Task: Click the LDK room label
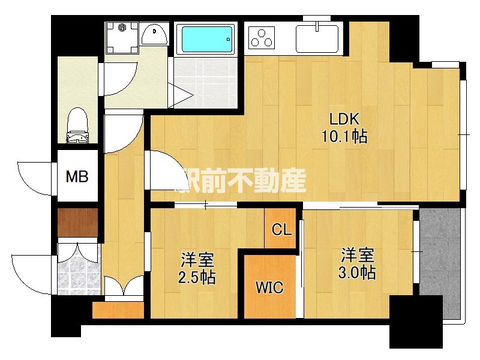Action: pyautogui.click(x=344, y=119)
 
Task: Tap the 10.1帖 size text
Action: pyautogui.click(x=344, y=136)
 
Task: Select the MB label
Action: pyautogui.click(x=77, y=176)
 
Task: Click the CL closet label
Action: pyautogui.click(x=281, y=229)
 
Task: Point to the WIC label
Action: pyautogui.click(x=269, y=287)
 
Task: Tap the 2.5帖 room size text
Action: pyautogui.click(x=197, y=277)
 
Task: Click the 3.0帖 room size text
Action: pyautogui.click(x=357, y=272)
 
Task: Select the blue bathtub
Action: pyautogui.click(x=207, y=39)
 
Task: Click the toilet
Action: pyautogui.click(x=77, y=125)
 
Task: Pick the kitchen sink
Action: pyautogui.click(x=317, y=39)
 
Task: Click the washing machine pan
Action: pyautogui.click(x=122, y=38)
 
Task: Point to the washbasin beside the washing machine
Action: pyautogui.click(x=155, y=35)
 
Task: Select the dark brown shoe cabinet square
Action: pyautogui.click(x=78, y=223)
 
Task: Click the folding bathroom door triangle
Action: pyautogui.click(x=181, y=95)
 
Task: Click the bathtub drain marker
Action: pyautogui.click(x=228, y=39)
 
